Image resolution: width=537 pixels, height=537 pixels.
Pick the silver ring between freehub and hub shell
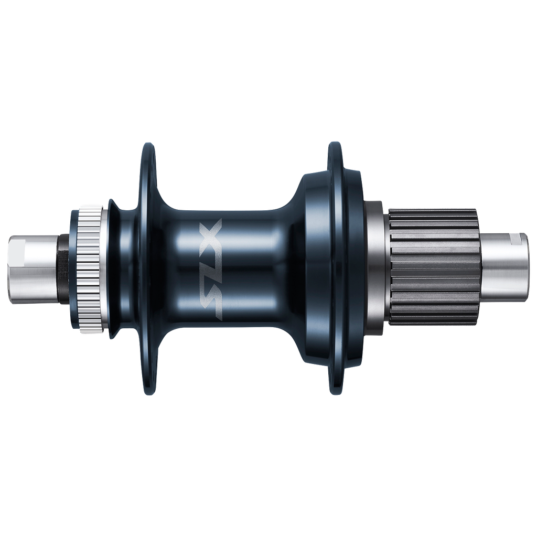pos(378,268)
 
